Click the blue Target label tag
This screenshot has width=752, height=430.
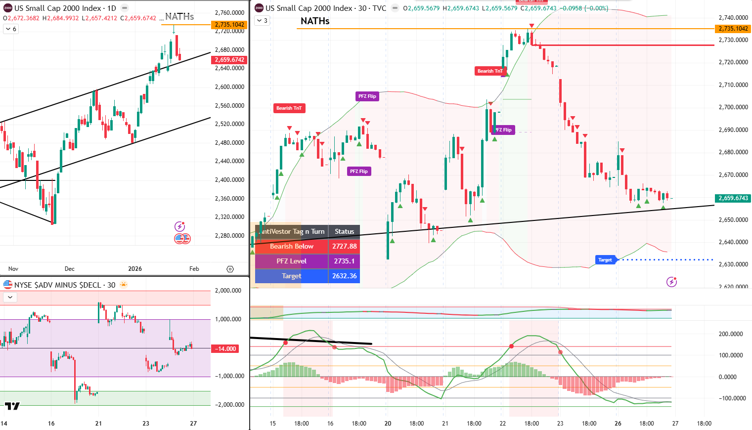[605, 260]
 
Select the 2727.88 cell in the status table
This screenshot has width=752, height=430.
[344, 246]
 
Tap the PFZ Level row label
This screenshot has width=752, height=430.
[291, 261]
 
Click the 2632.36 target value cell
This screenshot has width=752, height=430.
[344, 276]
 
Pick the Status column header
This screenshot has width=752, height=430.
[344, 231]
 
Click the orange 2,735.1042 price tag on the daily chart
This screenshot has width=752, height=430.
[229, 25]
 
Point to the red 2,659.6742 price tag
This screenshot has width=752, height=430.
[229, 60]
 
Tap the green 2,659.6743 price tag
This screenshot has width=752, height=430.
[733, 198]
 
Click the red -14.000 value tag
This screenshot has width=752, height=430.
[225, 349]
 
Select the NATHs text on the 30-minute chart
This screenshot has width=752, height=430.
[315, 21]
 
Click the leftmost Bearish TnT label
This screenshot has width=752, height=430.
[289, 108]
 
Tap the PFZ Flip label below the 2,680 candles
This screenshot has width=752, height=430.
[359, 172]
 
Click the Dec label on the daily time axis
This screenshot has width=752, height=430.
[70, 269]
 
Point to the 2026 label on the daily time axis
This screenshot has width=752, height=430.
[135, 269]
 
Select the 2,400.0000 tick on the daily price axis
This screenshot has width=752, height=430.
[229, 180]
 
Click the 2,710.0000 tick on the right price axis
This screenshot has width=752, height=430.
[733, 85]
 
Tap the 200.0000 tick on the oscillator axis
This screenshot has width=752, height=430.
[731, 334]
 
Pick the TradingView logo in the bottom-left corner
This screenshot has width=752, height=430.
[12, 406]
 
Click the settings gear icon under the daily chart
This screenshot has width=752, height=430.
[230, 269]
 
